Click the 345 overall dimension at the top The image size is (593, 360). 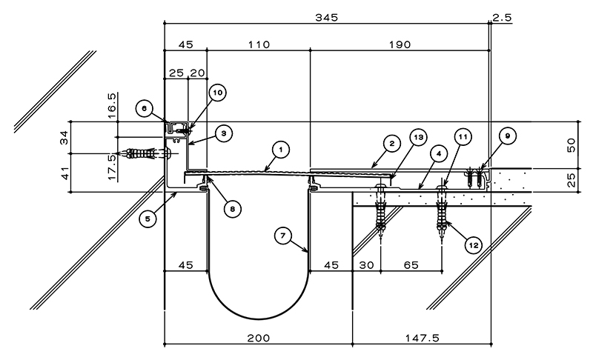(x=327, y=17)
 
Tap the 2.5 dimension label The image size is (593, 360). (x=503, y=17)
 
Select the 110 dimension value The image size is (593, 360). (x=259, y=44)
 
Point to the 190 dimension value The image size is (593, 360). (x=400, y=44)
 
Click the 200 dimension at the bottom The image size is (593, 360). (x=259, y=338)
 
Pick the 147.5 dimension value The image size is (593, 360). (x=423, y=338)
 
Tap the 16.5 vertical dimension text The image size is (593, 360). (x=113, y=105)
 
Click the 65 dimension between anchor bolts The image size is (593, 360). (x=411, y=265)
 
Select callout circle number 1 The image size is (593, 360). (x=281, y=150)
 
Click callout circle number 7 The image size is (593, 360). (x=283, y=236)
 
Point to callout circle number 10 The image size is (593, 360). (x=218, y=93)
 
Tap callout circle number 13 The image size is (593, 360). (x=419, y=137)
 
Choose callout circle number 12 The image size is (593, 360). (x=474, y=245)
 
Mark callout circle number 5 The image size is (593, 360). (x=148, y=219)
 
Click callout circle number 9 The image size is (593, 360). (x=508, y=136)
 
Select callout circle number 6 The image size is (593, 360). (x=144, y=109)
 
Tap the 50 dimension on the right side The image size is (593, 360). (x=571, y=145)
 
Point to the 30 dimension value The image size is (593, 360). (x=366, y=265)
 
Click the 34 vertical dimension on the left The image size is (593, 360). (x=64, y=137)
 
